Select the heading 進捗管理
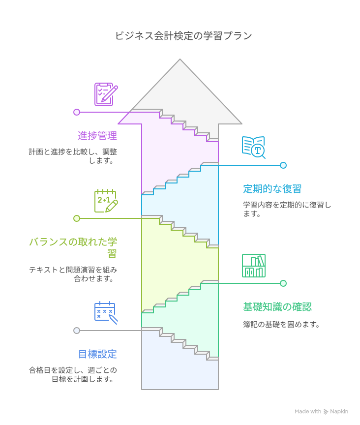coord(97,135)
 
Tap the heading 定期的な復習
coord(272,188)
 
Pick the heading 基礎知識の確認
coord(277,306)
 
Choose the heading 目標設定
coord(97,354)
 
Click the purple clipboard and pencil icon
coord(106,94)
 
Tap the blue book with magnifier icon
coord(254,147)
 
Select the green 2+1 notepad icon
coord(106,201)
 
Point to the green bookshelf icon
coord(254,266)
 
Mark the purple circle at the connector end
coord(77,112)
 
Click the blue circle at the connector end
coord(283,165)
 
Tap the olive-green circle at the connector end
coord(77,218)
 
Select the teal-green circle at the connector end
coord(283,283)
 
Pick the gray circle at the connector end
coord(77,331)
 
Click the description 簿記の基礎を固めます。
coord(282,325)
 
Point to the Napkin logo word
coord(339,411)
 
